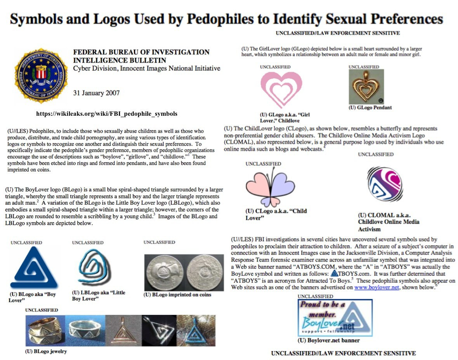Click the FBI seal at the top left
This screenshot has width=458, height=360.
41,75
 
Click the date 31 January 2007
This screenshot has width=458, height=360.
96,93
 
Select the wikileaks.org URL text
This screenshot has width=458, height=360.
107,114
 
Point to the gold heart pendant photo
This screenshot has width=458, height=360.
366,87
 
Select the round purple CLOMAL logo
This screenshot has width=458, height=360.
385,185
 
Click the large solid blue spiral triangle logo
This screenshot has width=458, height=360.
34,268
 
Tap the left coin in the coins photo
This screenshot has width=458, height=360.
165,272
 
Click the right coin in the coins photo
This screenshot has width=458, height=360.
204,272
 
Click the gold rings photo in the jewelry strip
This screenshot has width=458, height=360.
45,330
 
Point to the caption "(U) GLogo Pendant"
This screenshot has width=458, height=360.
370,108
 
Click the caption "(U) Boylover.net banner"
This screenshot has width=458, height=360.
328,341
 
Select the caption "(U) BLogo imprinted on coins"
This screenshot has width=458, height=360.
177,295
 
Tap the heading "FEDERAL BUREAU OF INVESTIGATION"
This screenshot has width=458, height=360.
141,52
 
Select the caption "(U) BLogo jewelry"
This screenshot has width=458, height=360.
46,351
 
